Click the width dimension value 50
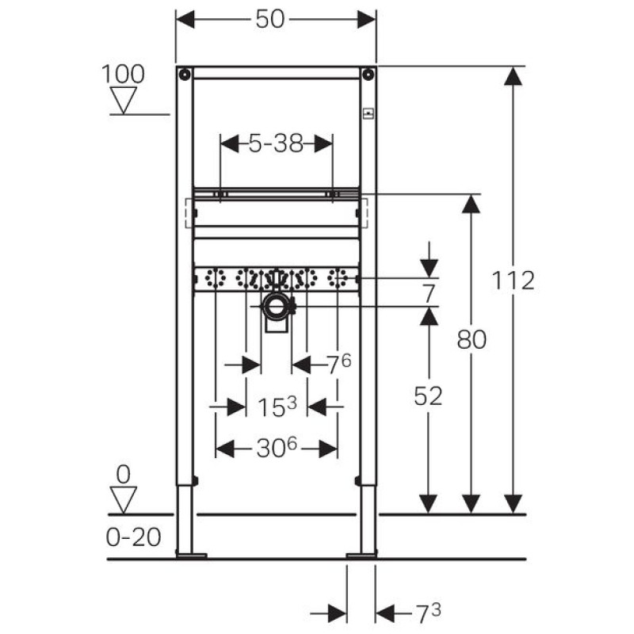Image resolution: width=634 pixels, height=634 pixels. [269, 20]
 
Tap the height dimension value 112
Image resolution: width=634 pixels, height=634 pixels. [513, 280]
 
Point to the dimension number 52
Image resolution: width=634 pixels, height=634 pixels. [428, 396]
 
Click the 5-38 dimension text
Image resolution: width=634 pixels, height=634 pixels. [276, 144]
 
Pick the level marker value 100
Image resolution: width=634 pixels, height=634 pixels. [123, 74]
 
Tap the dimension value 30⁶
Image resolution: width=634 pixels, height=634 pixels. [277, 449]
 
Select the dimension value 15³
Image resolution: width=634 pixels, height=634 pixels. [277, 407]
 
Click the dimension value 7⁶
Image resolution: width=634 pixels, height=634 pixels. [338, 364]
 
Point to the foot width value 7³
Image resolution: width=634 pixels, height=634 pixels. [428, 612]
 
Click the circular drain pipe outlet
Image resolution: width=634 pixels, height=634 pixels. [277, 305]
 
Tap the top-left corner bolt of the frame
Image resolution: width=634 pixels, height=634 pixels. [184, 75]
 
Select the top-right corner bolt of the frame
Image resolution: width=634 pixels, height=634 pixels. [368, 75]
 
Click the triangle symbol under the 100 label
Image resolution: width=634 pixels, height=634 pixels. [123, 99]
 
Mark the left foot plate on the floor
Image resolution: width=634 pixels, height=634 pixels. [190, 556]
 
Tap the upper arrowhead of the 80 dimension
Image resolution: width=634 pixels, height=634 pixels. [472, 204]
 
